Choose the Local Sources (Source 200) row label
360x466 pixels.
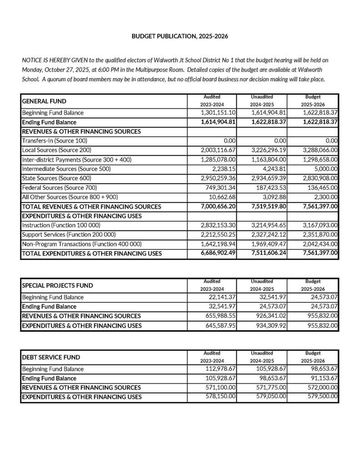click(x=56, y=150)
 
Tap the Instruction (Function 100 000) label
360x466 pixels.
click(x=61, y=225)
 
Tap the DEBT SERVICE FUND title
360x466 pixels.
click(x=51, y=357)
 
